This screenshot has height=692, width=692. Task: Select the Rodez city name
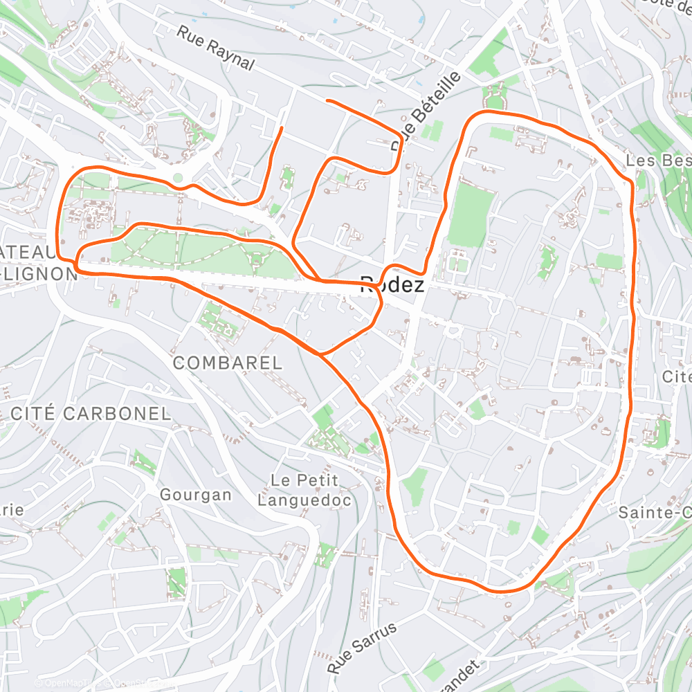pos(392,284)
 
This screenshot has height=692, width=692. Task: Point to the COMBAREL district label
pos(227,363)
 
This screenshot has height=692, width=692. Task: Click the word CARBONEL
pos(117,414)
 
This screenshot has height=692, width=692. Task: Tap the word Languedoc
pos(304,500)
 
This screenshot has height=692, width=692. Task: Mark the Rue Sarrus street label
pos(363,648)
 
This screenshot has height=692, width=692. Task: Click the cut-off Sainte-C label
pos(654,513)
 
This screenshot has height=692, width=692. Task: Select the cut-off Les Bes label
pos(657,160)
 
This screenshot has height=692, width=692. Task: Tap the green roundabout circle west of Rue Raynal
pos(178,178)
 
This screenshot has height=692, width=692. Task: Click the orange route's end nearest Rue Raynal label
pos(327,101)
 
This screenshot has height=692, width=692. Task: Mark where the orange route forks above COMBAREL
pos(320,354)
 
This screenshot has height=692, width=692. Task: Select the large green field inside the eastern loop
pos(471,215)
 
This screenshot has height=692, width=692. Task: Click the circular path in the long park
pos(257,260)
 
